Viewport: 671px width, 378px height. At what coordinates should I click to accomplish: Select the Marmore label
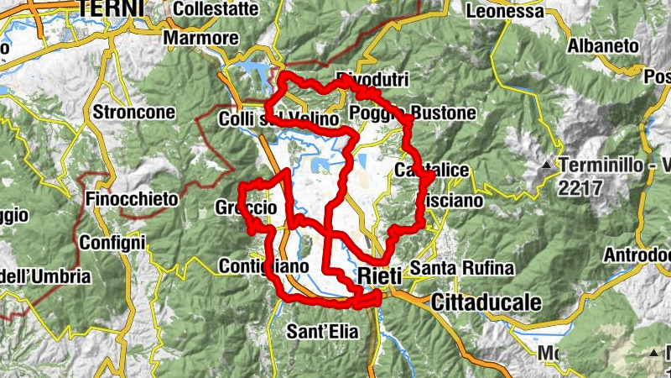point(200,38)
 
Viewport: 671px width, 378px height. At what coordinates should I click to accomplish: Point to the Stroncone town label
point(135,112)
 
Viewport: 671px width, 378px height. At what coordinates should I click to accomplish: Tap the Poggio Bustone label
point(413,113)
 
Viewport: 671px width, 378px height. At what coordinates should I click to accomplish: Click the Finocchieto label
point(133,199)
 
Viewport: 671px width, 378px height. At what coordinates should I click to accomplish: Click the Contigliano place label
point(263,265)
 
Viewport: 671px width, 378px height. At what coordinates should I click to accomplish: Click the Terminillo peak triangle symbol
point(547,165)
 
